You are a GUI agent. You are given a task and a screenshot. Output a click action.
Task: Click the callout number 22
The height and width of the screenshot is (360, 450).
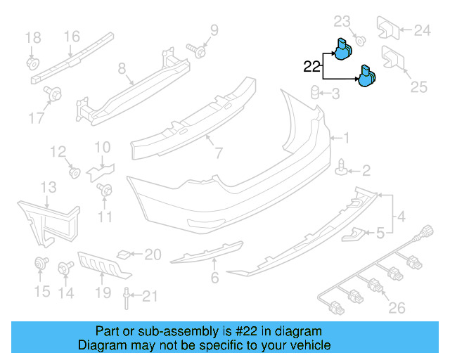(312, 67)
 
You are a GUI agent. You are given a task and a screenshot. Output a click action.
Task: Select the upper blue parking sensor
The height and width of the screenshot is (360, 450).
(344, 49)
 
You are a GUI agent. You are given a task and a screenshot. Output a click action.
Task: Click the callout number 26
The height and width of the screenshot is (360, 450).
(397, 307)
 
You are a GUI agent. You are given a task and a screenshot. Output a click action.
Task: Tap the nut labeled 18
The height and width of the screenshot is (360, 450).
(32, 62)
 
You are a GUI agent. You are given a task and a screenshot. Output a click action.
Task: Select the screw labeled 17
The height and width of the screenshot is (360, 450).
(53, 93)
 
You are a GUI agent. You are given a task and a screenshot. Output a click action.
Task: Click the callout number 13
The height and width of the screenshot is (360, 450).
(48, 187)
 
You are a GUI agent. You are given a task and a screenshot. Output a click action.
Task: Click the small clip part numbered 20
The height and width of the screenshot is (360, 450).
(124, 254)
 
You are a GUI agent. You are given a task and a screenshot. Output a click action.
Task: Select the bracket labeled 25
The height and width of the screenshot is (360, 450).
(391, 60)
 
